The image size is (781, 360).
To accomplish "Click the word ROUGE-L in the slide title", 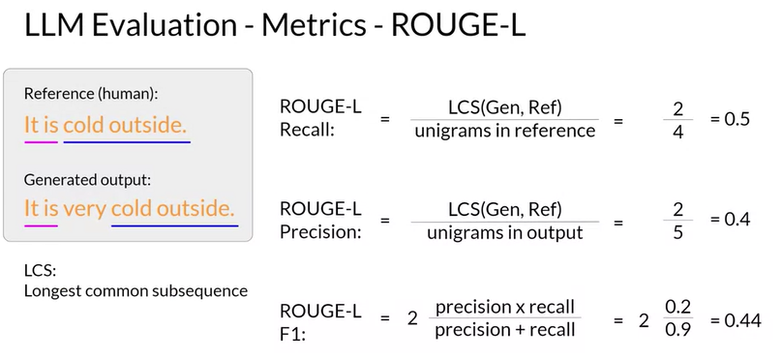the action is [x=458, y=25].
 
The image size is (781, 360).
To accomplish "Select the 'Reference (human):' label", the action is [x=91, y=94].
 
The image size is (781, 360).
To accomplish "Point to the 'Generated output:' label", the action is [x=87, y=180].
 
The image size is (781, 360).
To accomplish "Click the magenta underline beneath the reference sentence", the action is [x=41, y=142].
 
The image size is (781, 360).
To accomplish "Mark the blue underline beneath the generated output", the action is [x=175, y=226].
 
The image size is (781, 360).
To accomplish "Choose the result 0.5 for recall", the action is [x=731, y=119].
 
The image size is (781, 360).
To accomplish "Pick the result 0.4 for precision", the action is [x=731, y=219].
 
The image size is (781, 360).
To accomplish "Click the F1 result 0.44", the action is [x=736, y=320].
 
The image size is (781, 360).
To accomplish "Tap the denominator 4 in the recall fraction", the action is [x=677, y=133].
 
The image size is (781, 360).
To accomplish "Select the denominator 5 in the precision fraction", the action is [x=677, y=232].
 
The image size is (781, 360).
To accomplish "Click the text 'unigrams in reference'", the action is [x=505, y=131].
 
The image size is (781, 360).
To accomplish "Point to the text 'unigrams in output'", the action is [x=505, y=232].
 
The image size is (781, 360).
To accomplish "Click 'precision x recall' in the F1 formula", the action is [x=505, y=307].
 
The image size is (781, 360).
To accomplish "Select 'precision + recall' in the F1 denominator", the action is [x=505, y=330].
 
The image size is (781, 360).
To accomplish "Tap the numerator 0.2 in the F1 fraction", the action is [x=677, y=308].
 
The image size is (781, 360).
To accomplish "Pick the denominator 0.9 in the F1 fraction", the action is [x=677, y=330].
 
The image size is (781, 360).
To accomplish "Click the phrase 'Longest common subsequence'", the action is [x=136, y=290].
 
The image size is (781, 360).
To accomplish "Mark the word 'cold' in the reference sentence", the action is [x=83, y=126].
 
